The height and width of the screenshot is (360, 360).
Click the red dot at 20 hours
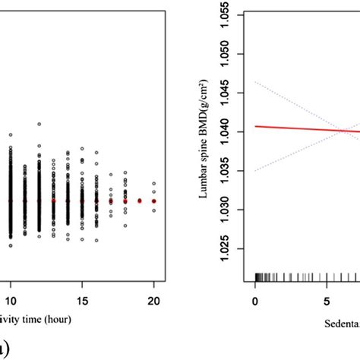[x=153, y=201]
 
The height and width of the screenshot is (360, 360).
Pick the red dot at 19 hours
[x=140, y=201]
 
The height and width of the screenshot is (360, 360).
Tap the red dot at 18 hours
[x=125, y=201]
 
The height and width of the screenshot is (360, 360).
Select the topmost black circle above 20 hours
[x=153, y=183]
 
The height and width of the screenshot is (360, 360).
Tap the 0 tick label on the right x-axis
[x=256, y=302]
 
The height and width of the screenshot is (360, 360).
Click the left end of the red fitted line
[x=257, y=126]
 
